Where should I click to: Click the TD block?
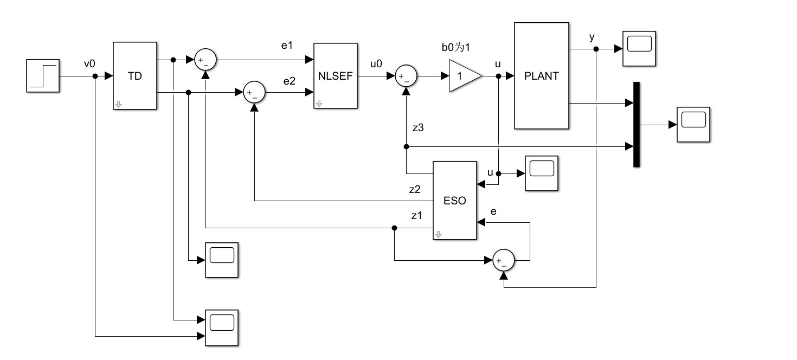(x=135, y=76)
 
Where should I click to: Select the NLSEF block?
(x=336, y=76)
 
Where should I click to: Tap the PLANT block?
(x=542, y=76)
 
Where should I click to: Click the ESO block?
(x=455, y=201)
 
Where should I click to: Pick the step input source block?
(x=43, y=76)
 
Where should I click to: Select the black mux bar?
(x=637, y=125)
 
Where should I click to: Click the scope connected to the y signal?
(x=639, y=49)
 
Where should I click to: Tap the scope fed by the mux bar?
(x=693, y=125)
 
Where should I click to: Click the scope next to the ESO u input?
(x=542, y=173)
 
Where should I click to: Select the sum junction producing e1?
(x=205, y=60)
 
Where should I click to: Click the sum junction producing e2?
(x=254, y=92)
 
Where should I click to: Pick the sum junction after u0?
(x=406, y=76)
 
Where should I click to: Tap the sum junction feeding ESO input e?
(x=504, y=260)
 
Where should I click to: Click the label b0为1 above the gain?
(x=456, y=47)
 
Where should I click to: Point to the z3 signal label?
(x=418, y=128)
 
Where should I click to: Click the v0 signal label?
(x=89, y=64)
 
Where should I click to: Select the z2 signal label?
(x=415, y=189)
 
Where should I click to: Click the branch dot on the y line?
(x=596, y=49)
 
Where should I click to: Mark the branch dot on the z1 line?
(x=394, y=228)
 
